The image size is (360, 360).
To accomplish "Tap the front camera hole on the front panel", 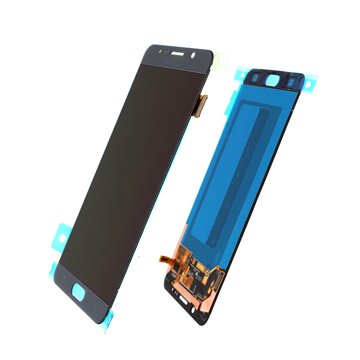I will [x=194, y=56].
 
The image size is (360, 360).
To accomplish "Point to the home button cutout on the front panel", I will [x=79, y=290].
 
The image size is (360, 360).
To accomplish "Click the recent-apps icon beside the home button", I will [x=63, y=277].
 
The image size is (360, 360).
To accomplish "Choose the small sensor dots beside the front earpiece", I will [x=162, y=51].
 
